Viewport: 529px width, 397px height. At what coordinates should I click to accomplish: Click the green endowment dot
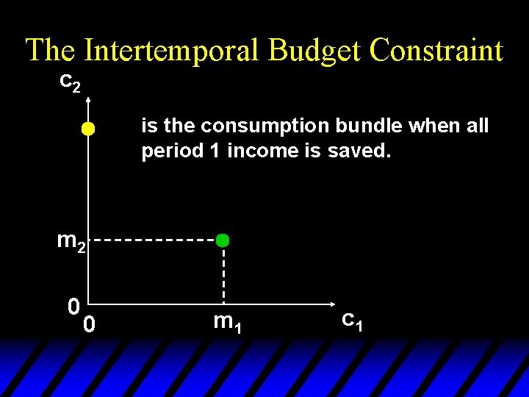[x=223, y=240]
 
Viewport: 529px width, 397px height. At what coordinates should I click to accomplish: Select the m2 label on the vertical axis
[x=72, y=241]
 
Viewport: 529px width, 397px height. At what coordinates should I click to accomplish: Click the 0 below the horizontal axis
[x=88, y=323]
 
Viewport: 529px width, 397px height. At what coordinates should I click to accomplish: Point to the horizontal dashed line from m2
[x=154, y=240]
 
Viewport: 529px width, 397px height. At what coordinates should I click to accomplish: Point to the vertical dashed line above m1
[x=223, y=272]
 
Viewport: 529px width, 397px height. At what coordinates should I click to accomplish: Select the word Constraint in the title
[x=436, y=51]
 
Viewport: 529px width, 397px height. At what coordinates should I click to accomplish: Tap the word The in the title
[x=51, y=51]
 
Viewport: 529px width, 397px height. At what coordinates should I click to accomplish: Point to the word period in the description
[x=166, y=151]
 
